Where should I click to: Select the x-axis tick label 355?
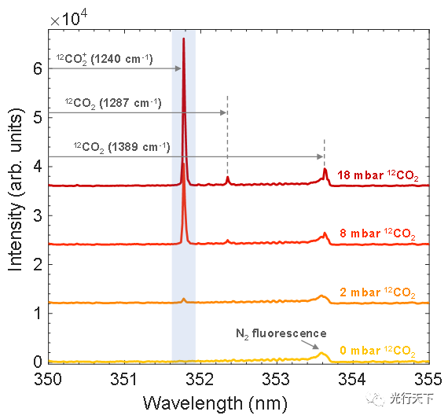[x=427, y=380]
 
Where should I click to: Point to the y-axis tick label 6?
[x=35, y=68]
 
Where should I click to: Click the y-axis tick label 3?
[x=35, y=215]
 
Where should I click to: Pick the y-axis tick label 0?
[x=35, y=362]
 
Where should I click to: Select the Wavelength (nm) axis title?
[x=215, y=403]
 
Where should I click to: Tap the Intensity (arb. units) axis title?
[x=15, y=189]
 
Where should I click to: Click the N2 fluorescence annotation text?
[x=281, y=333]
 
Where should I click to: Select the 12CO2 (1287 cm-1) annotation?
[x=112, y=103]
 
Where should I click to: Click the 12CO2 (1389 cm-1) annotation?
[x=121, y=147]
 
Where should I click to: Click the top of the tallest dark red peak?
[x=184, y=39]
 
